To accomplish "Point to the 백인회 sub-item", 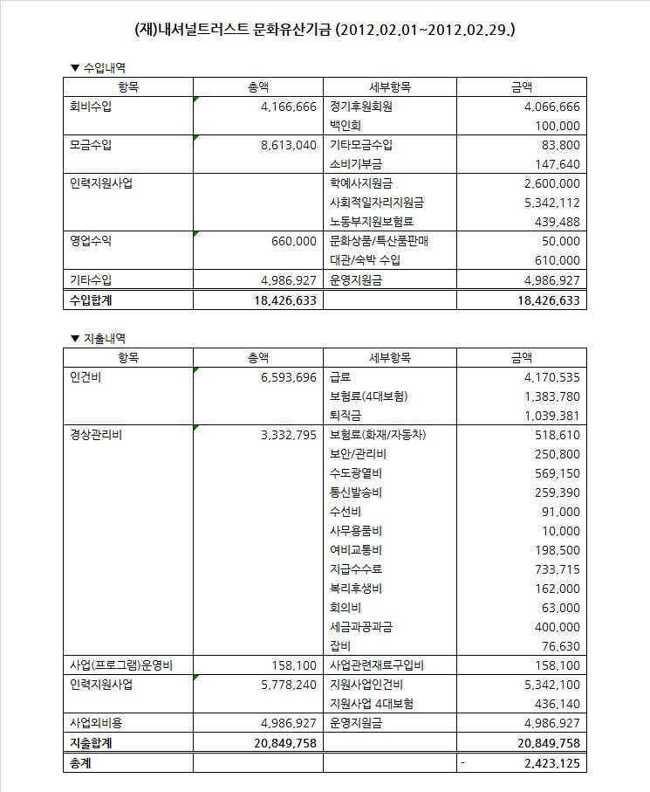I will point(346,126).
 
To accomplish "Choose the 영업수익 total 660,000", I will point(293,241).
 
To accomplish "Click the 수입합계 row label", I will point(92,300).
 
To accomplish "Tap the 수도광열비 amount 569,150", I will point(554,473).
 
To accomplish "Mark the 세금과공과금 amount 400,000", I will point(554,627).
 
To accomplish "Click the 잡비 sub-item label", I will point(341,646).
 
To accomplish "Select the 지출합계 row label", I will point(92,743).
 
